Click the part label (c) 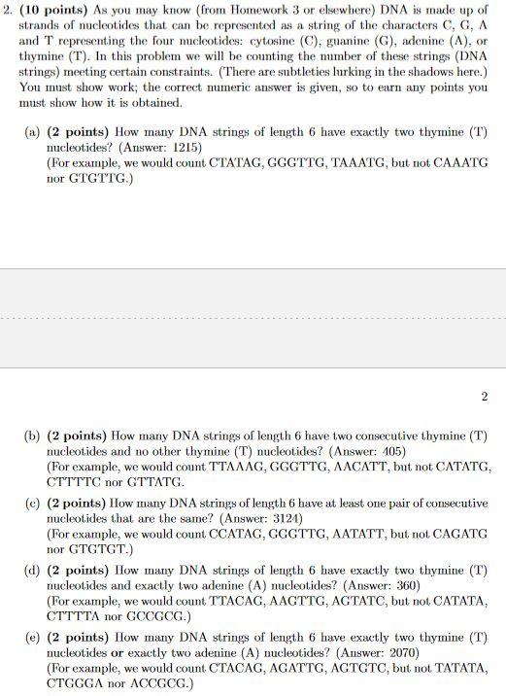pos(32,504)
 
